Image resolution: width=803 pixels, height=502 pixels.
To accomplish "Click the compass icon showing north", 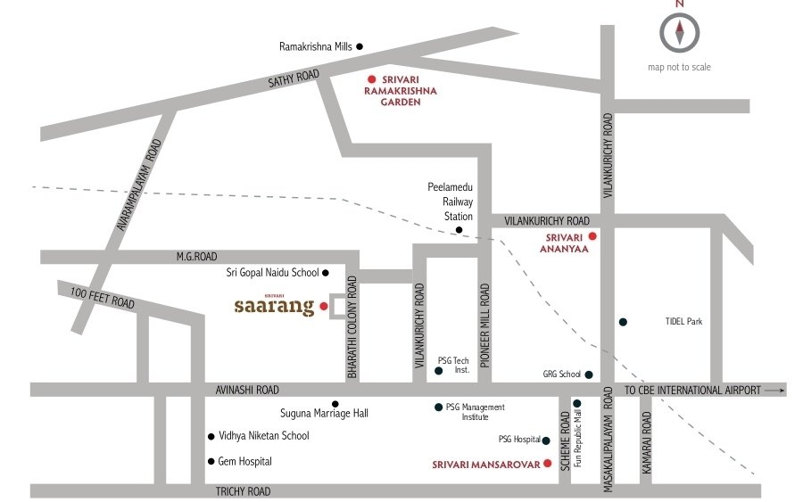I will tap(679, 33).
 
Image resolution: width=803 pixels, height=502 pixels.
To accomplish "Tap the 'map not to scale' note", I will tap(679, 67).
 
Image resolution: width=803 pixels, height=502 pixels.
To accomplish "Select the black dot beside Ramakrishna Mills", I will tap(360, 46).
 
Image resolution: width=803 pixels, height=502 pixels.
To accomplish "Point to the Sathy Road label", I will tap(294, 79).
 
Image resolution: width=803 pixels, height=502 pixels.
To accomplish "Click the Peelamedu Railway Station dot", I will tap(459, 230).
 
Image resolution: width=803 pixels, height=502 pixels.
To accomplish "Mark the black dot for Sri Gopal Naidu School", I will tap(325, 273).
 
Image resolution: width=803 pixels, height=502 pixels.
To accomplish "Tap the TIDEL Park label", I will tap(683, 322).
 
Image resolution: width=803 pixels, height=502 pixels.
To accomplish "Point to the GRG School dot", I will tap(588, 374).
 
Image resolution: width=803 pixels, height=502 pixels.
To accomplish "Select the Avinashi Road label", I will tap(247, 390).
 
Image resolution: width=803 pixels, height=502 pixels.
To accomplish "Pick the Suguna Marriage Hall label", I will tap(298, 413).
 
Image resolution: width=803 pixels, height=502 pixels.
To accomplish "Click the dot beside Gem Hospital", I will tap(211, 462).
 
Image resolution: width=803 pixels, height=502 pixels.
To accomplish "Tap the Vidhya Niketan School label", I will tap(263, 436).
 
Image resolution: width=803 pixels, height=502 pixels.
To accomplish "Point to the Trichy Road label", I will tap(243, 491).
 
